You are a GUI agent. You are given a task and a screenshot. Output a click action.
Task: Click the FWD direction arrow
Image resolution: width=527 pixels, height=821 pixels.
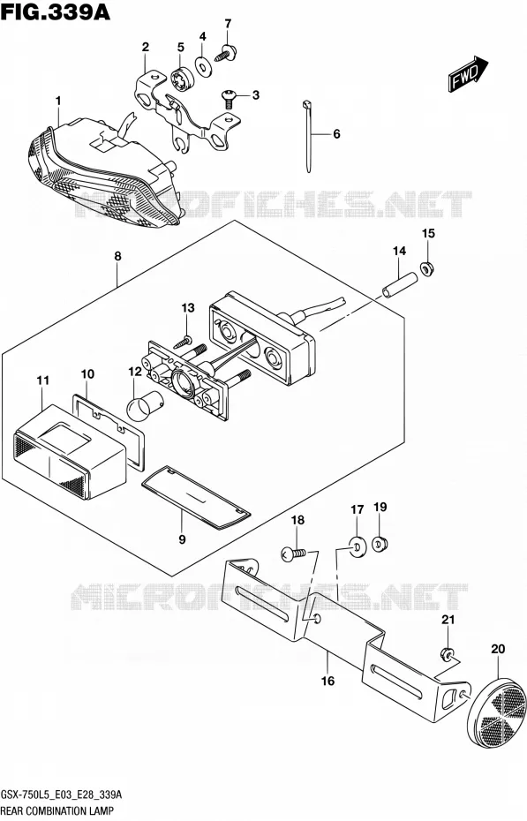(x=468, y=74)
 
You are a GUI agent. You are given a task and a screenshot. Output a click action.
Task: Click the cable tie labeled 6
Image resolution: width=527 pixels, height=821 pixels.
(x=308, y=135)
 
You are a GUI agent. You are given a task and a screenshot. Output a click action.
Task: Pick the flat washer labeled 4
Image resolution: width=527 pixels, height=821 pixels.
(x=203, y=66)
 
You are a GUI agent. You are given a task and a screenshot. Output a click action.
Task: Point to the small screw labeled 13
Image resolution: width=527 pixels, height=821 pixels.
(x=183, y=341)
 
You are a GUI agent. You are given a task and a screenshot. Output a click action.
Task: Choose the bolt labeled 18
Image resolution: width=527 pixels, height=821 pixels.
(x=292, y=553)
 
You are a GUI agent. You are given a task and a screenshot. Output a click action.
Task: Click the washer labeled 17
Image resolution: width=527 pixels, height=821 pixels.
(x=358, y=548)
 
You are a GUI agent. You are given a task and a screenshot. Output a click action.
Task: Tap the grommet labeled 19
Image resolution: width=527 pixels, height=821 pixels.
(x=380, y=543)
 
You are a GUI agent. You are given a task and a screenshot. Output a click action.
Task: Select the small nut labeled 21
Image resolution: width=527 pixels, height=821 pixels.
(x=447, y=654)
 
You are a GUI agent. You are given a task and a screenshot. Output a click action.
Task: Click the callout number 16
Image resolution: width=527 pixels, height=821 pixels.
(x=327, y=681)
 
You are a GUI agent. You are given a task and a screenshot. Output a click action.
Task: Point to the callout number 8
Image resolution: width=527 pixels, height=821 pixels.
(x=117, y=257)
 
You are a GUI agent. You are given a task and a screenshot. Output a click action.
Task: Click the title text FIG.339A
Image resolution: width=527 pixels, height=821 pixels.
(x=56, y=11)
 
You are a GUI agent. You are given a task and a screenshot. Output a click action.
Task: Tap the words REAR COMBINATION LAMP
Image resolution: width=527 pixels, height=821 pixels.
(x=57, y=811)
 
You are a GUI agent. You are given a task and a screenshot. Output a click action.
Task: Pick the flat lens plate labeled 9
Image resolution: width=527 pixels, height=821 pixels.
(x=196, y=495)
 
